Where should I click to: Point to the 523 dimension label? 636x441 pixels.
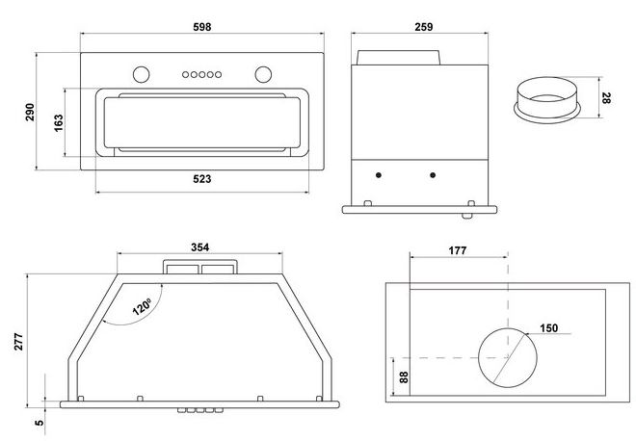[x=201, y=179]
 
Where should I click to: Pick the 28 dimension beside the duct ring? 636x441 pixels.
[x=606, y=98]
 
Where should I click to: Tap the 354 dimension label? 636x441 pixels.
[x=199, y=247]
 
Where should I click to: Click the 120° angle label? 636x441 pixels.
[x=142, y=307]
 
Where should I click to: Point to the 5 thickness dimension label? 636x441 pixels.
[x=38, y=421]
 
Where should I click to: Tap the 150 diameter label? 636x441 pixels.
[x=549, y=328]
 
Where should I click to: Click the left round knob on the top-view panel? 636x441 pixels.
[x=142, y=73]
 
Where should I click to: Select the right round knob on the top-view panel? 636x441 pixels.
[x=262, y=73]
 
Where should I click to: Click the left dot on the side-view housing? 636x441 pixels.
[x=379, y=174]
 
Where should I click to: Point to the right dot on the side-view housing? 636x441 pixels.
[x=433, y=174]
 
